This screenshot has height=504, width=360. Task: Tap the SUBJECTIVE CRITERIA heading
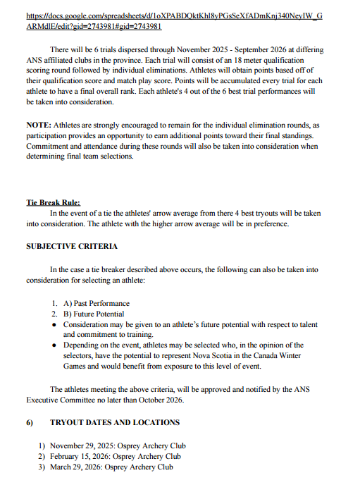(72, 246)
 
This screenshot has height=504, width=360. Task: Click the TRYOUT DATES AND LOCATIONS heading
(115, 422)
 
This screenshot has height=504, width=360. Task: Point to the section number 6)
(31, 422)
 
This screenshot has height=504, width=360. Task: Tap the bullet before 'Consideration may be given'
(54, 324)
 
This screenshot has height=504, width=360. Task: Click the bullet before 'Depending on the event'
(54, 345)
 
